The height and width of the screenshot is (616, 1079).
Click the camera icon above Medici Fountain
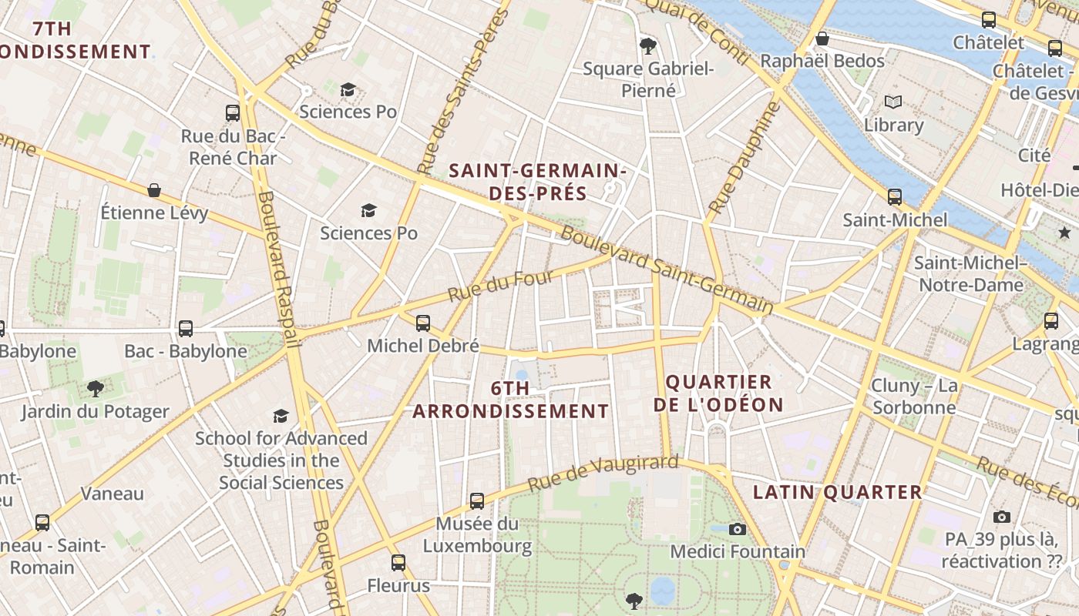(x=738, y=529)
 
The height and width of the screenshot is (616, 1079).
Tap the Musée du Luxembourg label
(x=477, y=535)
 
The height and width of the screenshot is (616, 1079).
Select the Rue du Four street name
(x=491, y=285)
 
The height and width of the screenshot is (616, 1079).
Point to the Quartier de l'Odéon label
(x=718, y=393)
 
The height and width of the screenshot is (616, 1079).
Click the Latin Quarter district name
(x=837, y=492)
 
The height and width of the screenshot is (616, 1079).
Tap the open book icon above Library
(x=893, y=102)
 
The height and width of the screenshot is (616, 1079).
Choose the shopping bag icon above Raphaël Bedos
(x=822, y=38)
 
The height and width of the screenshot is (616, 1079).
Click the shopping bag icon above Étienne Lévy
(x=154, y=190)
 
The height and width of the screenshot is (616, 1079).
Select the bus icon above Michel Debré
(x=422, y=323)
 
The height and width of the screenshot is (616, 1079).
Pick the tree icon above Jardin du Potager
(x=95, y=389)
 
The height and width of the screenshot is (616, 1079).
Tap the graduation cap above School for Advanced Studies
(x=281, y=417)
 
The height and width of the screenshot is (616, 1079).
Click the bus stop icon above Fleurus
(x=398, y=563)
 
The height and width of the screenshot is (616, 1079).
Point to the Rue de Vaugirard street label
(x=603, y=474)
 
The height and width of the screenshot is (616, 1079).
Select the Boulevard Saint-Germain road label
(x=666, y=269)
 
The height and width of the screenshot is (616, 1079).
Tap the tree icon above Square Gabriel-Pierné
(x=648, y=46)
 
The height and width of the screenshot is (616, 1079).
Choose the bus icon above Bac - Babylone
(x=186, y=329)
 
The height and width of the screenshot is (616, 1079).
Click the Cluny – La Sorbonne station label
(x=914, y=396)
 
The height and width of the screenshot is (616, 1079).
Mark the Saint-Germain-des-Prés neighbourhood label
(x=537, y=181)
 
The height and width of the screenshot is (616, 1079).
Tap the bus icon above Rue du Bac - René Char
(x=233, y=113)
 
